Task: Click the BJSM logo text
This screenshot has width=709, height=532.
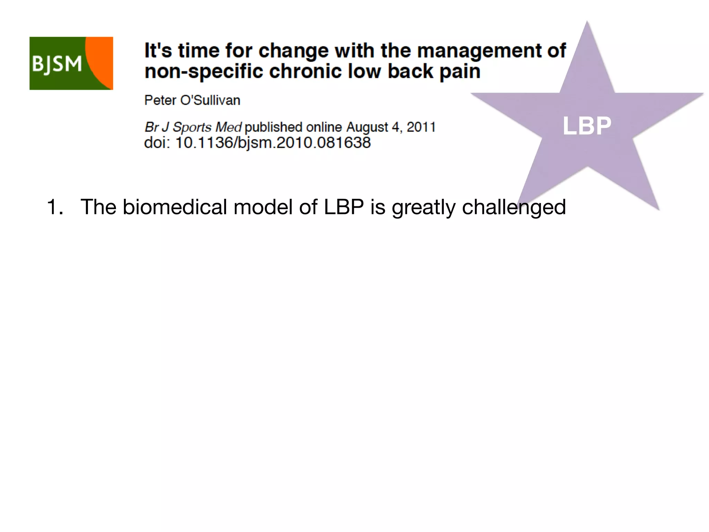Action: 57,64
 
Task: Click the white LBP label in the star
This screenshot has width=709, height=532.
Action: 587,126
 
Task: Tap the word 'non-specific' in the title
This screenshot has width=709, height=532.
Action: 204,72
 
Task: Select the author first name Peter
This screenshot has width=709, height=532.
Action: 160,100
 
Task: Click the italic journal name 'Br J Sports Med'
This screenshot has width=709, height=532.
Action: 193,127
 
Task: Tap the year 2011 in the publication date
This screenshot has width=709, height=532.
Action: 421,127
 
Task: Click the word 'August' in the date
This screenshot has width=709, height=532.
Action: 367,127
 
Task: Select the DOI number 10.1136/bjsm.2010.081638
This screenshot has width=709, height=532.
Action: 273,143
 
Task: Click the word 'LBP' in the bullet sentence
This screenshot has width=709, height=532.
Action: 344,207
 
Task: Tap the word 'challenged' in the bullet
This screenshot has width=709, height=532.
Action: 514,207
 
